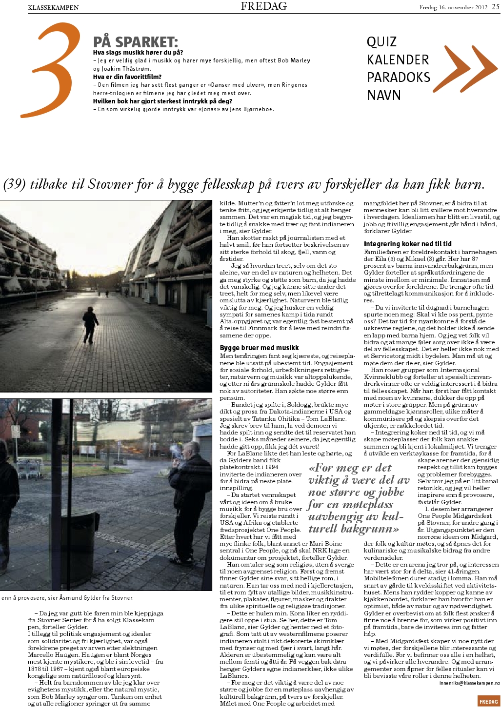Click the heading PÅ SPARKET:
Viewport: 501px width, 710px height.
click(x=136, y=42)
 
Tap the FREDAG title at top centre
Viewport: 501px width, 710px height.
click(x=263, y=6)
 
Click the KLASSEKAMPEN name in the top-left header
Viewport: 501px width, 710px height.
click(x=53, y=7)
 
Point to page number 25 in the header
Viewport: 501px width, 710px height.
click(x=496, y=7)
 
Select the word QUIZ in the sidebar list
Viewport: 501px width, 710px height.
click(x=381, y=42)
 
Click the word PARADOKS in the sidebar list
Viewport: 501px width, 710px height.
click(x=399, y=78)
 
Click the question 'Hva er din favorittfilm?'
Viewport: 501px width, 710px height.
click(x=127, y=77)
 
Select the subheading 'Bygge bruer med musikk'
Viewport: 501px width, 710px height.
click(x=259, y=348)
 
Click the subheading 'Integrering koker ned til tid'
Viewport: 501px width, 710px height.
click(x=408, y=243)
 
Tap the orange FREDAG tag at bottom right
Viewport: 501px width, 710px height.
click(x=488, y=702)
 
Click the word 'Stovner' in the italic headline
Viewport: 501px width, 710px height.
click(x=110, y=185)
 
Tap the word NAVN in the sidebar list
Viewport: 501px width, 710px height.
click(x=384, y=95)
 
